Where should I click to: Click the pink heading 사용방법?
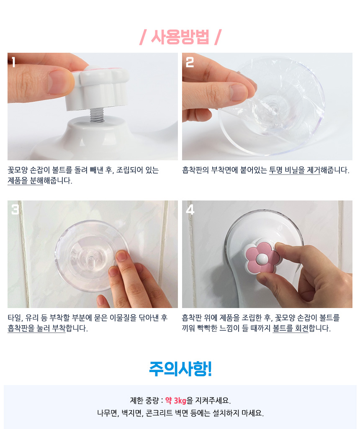click(180, 37)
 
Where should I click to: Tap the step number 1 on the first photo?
click(13, 62)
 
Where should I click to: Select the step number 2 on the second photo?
click(190, 62)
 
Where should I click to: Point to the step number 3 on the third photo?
click(15, 210)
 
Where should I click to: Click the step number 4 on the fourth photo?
click(190, 210)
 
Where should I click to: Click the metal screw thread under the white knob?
click(97, 115)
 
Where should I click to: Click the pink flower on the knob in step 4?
click(262, 257)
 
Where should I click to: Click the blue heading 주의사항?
click(180, 369)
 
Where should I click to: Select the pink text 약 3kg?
click(176, 401)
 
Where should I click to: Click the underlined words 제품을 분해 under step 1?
click(26, 181)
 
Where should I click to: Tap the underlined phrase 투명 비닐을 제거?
click(295, 170)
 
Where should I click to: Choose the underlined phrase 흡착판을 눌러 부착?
click(37, 328)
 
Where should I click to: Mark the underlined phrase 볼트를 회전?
click(291, 328)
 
